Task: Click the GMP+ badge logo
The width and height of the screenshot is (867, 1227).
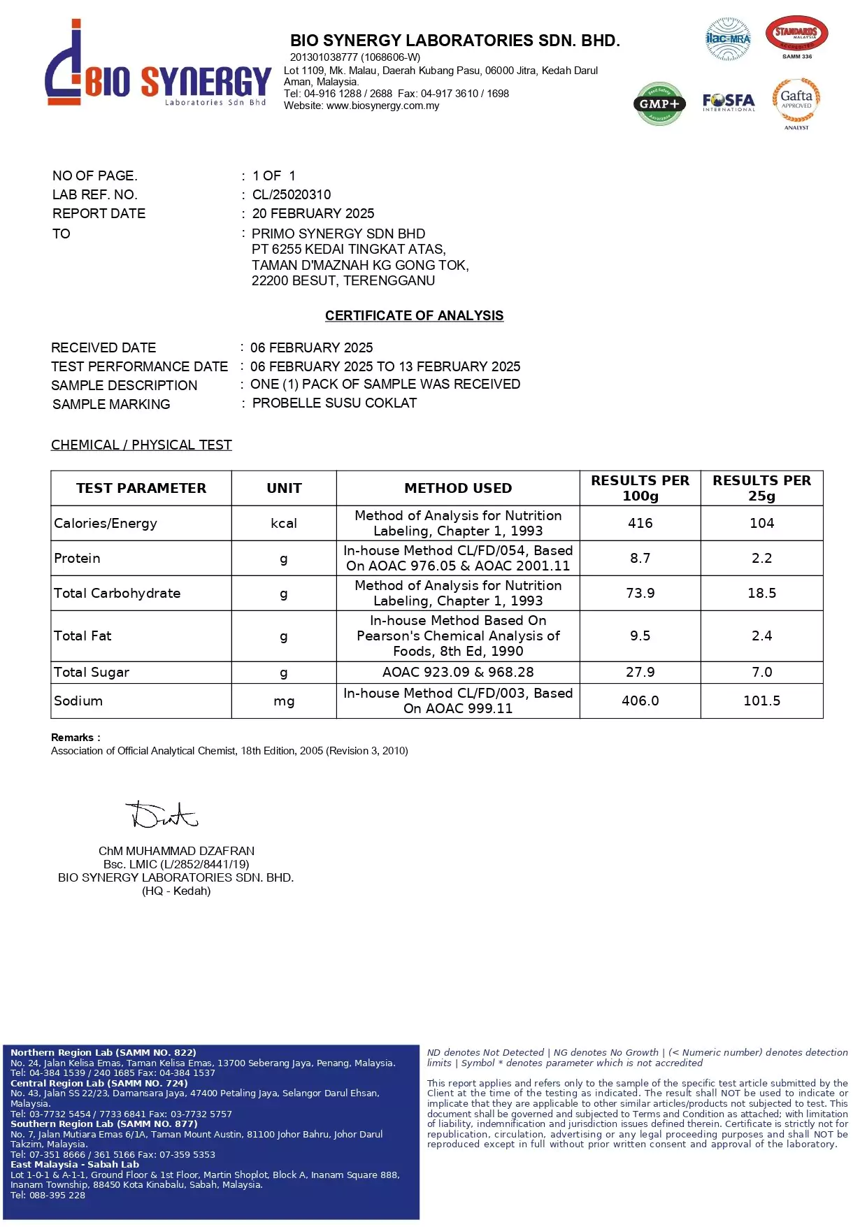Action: click(659, 103)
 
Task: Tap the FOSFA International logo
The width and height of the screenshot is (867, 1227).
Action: click(729, 102)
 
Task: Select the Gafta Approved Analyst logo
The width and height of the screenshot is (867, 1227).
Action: click(796, 103)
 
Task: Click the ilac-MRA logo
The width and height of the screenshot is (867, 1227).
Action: click(728, 39)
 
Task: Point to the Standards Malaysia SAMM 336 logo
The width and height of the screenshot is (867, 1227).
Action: click(796, 37)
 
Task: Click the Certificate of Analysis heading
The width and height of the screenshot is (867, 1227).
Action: click(414, 315)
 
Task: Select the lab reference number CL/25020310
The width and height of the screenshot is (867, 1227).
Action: click(292, 194)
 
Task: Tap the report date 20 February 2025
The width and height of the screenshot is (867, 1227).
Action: click(313, 213)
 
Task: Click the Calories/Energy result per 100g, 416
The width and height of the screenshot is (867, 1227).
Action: click(640, 523)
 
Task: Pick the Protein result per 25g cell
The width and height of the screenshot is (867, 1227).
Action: click(761, 558)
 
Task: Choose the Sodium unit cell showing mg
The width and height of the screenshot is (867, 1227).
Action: click(284, 701)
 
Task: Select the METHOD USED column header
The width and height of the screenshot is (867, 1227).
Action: click(458, 488)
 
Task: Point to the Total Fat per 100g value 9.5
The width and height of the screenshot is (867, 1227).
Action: click(640, 636)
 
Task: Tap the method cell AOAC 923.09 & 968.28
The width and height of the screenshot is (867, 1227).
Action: click(458, 672)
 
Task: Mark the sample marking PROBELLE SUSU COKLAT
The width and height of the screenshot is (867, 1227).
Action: click(334, 403)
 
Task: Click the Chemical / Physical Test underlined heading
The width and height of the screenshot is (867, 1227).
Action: click(141, 445)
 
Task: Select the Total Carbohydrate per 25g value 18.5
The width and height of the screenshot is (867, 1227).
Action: click(761, 593)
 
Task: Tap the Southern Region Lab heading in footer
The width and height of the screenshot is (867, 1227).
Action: click(104, 1124)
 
